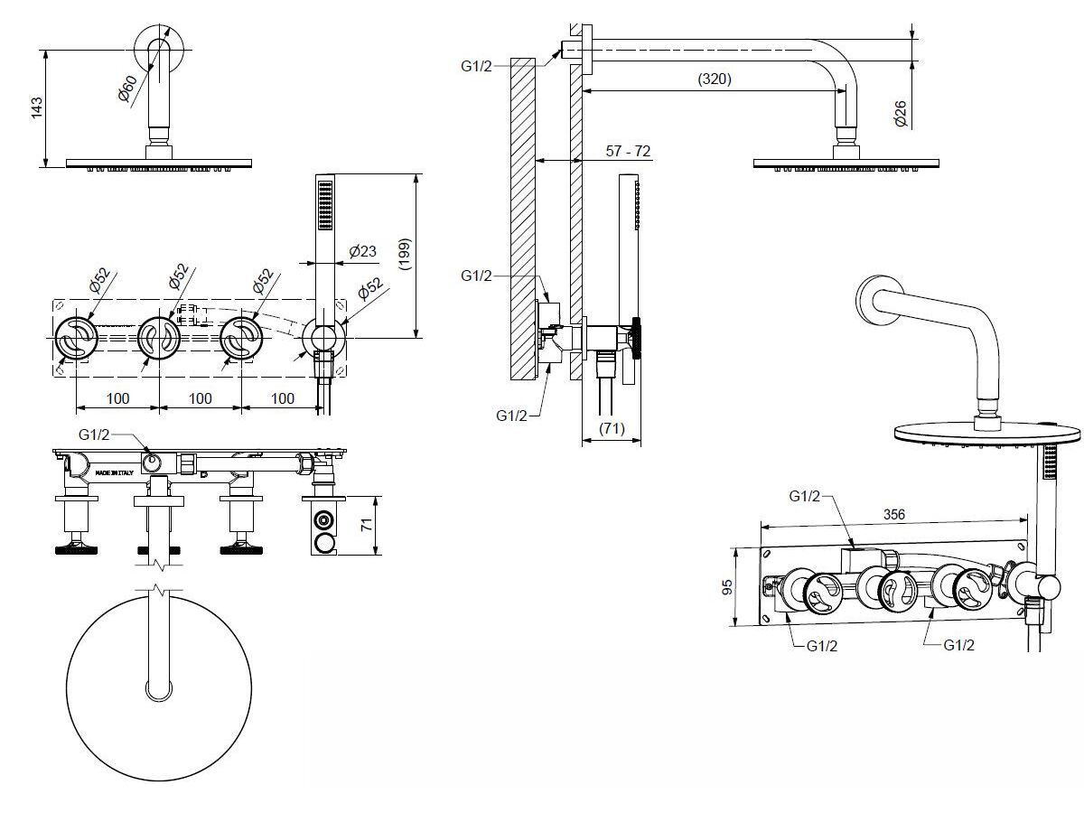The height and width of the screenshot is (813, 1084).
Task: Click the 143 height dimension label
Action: pos(37,108)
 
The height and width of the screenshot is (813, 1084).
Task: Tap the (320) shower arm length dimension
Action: pos(714,79)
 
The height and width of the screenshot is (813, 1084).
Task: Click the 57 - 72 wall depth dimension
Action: pos(628,151)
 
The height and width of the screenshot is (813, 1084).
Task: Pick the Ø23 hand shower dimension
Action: pos(362,251)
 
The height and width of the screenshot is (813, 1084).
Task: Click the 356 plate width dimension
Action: pos(892,514)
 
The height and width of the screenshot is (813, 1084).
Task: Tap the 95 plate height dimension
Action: pos(727,587)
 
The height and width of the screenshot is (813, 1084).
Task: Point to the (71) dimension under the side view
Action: pos(612,429)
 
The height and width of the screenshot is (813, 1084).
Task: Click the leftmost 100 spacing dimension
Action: pos(117,398)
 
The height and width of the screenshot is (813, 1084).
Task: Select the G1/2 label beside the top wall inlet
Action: pos(477,65)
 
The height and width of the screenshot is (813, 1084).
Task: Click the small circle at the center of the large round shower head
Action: pos(160,690)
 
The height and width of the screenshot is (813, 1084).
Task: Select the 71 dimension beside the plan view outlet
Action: pos(366,524)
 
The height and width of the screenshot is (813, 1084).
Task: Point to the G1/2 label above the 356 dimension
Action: pos(804,496)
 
